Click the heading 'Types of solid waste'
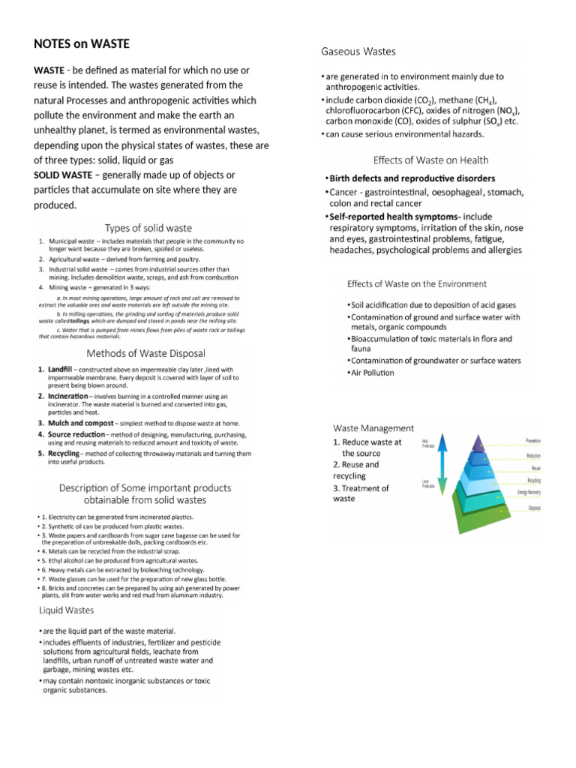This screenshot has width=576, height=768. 148,228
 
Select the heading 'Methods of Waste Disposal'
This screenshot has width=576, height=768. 146,352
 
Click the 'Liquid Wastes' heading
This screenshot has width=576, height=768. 67,610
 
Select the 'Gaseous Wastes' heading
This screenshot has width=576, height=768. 358,52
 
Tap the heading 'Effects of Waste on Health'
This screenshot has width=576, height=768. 430,160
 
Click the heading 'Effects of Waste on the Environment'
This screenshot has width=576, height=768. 416,284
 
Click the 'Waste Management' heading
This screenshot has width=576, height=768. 373,427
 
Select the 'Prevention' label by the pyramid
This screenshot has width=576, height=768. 533,441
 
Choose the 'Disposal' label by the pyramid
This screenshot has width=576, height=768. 534,508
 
